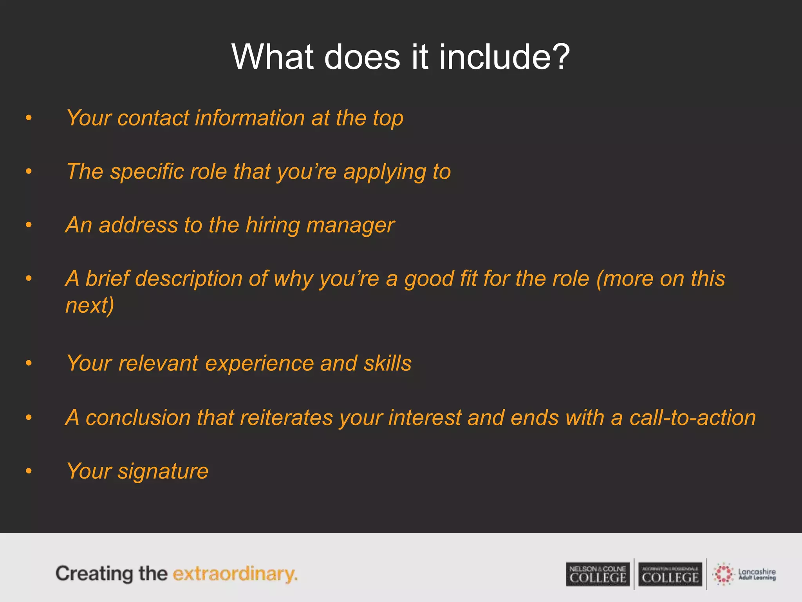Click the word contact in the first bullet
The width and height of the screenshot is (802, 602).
click(153, 118)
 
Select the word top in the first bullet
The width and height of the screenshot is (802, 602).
click(388, 119)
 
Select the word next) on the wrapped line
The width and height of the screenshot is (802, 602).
click(90, 305)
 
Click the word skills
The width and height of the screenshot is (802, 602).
click(387, 363)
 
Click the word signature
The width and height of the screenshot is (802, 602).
click(163, 471)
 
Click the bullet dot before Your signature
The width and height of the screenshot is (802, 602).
click(29, 471)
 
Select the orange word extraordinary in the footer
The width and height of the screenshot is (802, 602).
click(235, 574)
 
